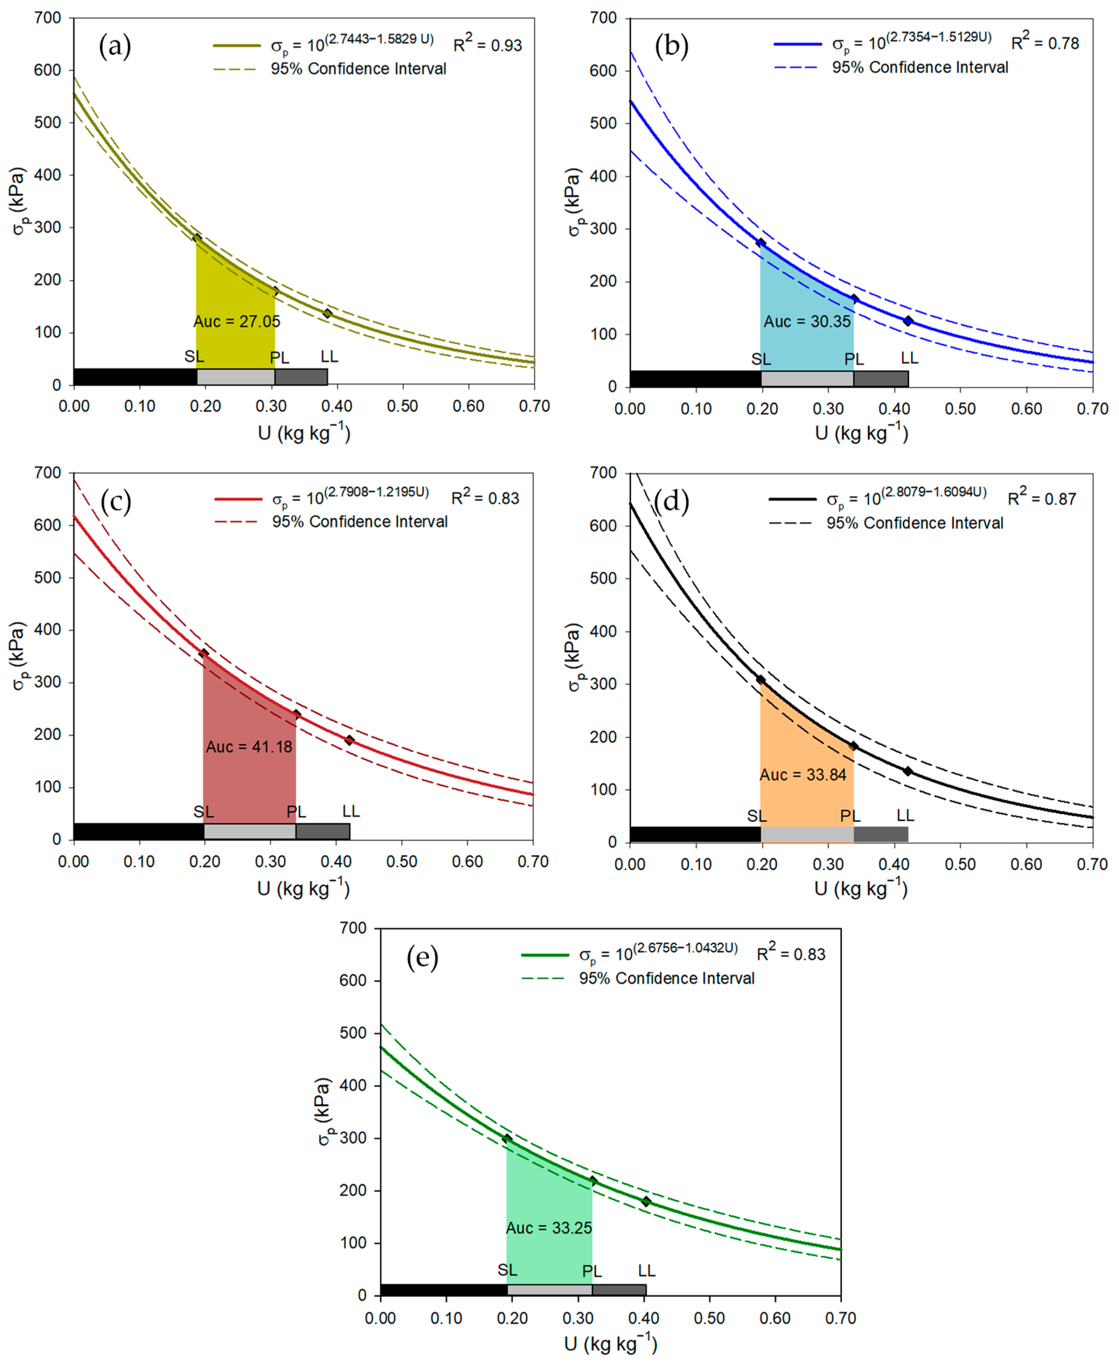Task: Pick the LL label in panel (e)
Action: tap(647, 1270)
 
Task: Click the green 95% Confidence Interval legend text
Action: tap(667, 978)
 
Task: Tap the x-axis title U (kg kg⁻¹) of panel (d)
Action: tap(860, 888)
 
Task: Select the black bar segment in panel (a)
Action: tap(135, 376)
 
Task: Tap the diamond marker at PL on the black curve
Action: tap(854, 746)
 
